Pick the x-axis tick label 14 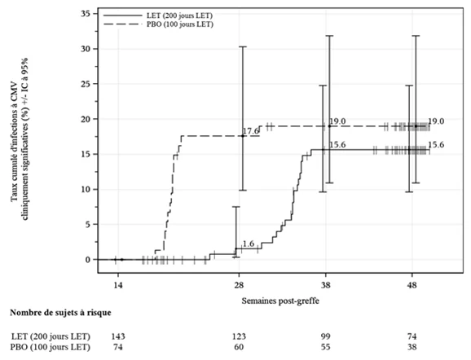pos(118,285)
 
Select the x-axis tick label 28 pos(239,285)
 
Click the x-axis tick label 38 pos(325,285)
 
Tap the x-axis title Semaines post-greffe pos(280,301)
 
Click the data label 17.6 pos(250,131)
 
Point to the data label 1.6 pos(248,244)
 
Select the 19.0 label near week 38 pos(337,121)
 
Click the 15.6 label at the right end pos(436,145)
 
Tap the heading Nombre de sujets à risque pos(60,313)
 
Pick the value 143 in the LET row pos(118,336)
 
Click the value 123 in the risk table pos(239,336)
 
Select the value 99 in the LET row pos(325,336)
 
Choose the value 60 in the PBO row pos(239,347)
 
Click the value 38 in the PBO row pos(412,347)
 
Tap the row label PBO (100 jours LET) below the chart pos(51,347)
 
